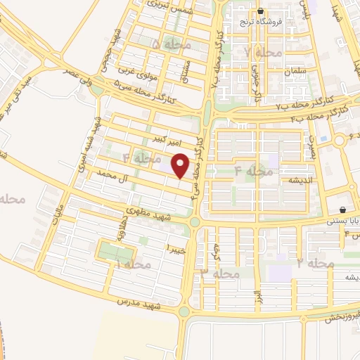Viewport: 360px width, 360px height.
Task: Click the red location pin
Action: click(181, 166)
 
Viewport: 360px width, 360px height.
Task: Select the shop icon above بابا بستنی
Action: click(342, 210)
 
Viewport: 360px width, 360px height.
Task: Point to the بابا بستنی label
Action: click(343, 220)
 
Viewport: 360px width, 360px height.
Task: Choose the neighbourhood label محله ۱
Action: click(133, 264)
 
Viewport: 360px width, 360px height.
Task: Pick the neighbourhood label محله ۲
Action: click(314, 263)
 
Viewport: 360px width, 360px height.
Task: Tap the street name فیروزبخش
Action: click(344, 316)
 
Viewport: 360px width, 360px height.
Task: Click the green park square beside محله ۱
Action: click(109, 252)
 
